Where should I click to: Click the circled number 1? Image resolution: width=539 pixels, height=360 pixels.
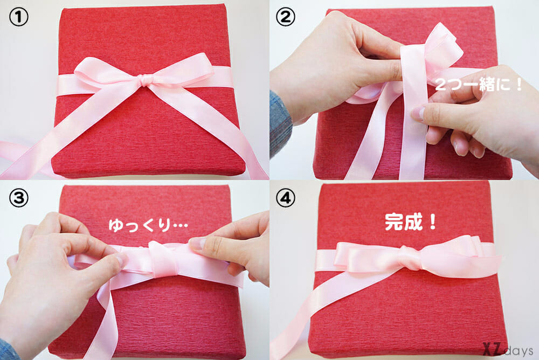(x=18, y=17)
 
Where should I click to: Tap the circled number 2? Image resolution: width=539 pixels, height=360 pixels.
(x=285, y=17)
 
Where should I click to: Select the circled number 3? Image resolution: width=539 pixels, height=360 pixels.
(x=18, y=198)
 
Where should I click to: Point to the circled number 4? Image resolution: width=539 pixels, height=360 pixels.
(x=285, y=198)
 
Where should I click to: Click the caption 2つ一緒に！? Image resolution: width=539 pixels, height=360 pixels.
(x=479, y=85)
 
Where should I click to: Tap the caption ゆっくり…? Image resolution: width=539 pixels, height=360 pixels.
(x=148, y=226)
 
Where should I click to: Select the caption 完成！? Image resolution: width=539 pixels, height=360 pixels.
(x=410, y=222)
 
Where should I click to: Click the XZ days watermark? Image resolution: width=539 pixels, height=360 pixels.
(x=507, y=350)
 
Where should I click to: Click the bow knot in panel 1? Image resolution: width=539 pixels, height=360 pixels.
(x=146, y=81)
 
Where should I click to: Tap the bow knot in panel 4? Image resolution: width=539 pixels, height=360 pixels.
(x=410, y=258)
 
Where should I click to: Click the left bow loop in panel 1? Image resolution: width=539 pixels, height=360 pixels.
(x=107, y=71)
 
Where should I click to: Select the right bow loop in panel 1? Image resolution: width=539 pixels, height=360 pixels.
(x=182, y=69)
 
